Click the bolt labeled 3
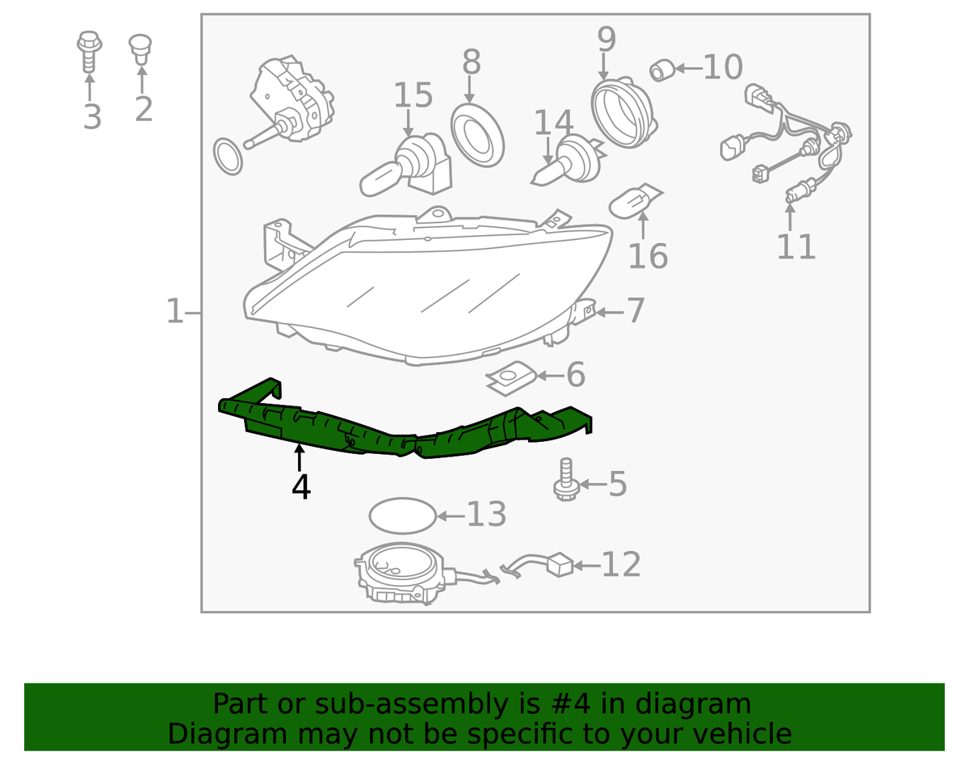pyautogui.click(x=90, y=51)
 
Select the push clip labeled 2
pyautogui.click(x=141, y=49)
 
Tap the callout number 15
pyautogui.click(x=413, y=95)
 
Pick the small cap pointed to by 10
pyautogui.click(x=662, y=71)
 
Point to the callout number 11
pyautogui.click(x=796, y=246)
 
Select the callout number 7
pyautogui.click(x=636, y=310)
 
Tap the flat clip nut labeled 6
pyautogui.click(x=511, y=378)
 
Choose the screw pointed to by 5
pyautogui.click(x=566, y=480)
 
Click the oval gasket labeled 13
pyautogui.click(x=403, y=515)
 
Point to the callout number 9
pyautogui.click(x=606, y=39)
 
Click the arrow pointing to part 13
pyautogui.click(x=451, y=516)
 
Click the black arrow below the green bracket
pyautogui.click(x=300, y=458)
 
